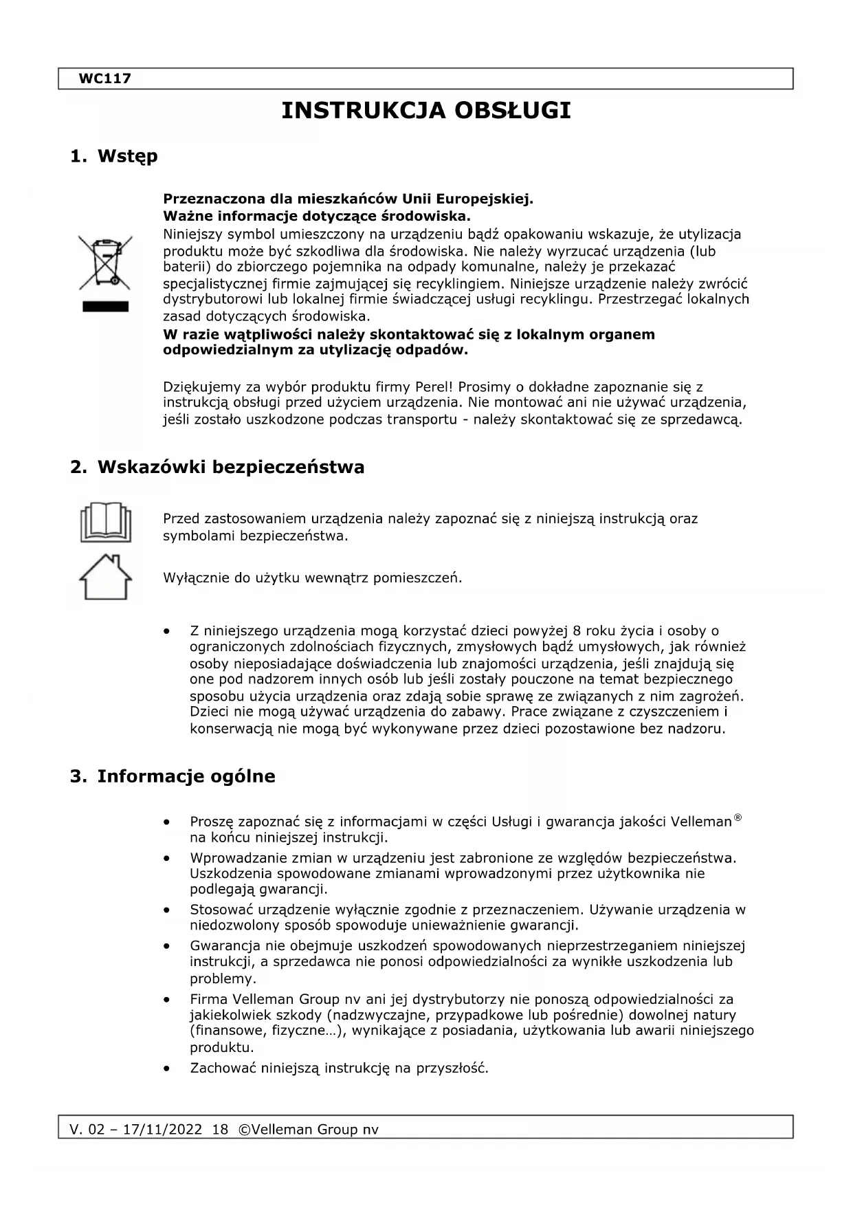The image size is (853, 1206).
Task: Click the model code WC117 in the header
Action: pyautogui.click(x=104, y=78)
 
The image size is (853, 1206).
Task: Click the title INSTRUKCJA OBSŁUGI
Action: pyautogui.click(x=426, y=111)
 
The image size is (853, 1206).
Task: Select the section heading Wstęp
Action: pyautogui.click(x=127, y=156)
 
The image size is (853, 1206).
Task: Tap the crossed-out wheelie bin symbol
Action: pyautogui.click(x=105, y=262)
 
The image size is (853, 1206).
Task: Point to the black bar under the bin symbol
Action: pyautogui.click(x=105, y=307)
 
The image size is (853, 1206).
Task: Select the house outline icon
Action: pyautogui.click(x=105, y=577)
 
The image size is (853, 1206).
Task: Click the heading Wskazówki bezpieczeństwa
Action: pyautogui.click(x=231, y=468)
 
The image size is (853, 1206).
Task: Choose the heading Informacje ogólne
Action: pyautogui.click(x=186, y=776)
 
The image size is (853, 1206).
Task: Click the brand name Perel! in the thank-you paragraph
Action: pyautogui.click(x=431, y=386)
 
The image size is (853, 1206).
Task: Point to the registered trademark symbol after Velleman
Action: pyautogui.click(x=738, y=818)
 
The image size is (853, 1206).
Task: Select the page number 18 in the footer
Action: pyautogui.click(x=220, y=1129)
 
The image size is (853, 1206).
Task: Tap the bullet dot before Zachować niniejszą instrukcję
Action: pyautogui.click(x=166, y=1068)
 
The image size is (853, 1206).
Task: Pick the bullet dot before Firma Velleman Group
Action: pyautogui.click(x=166, y=999)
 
